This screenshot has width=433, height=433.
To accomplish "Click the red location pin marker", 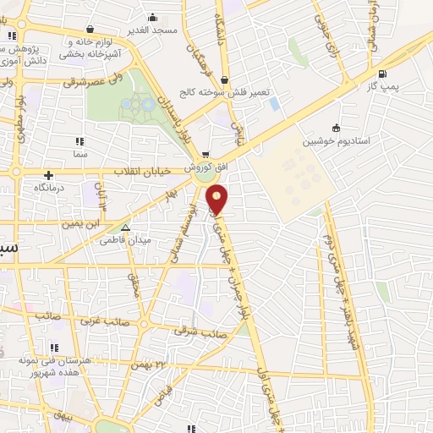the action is (218, 199).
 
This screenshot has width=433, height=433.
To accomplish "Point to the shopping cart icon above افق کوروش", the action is (206, 155).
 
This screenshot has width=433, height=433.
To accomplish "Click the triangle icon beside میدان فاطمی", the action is (125, 227).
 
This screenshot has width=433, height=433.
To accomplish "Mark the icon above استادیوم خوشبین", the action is (337, 128).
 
